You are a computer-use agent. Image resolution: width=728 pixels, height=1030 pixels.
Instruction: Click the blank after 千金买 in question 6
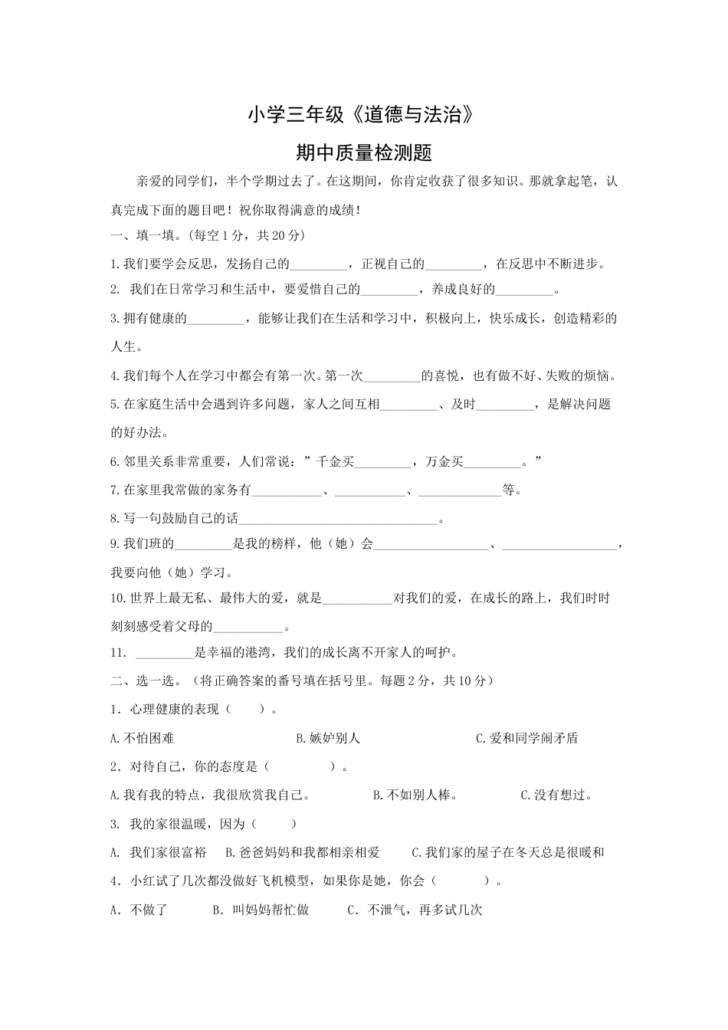[384, 463]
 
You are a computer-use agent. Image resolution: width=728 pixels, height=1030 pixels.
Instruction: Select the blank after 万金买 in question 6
[493, 463]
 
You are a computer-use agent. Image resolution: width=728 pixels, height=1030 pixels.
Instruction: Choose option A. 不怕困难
[143, 739]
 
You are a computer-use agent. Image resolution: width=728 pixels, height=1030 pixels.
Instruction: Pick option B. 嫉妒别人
[328, 739]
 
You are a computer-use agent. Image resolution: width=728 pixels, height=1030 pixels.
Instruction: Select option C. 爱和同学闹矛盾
[526, 739]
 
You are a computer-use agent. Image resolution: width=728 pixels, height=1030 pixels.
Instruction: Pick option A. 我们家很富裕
[159, 853]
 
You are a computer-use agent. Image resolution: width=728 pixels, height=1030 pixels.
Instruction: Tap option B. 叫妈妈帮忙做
[261, 910]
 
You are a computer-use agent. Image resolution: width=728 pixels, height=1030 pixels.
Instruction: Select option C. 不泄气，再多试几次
[415, 910]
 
